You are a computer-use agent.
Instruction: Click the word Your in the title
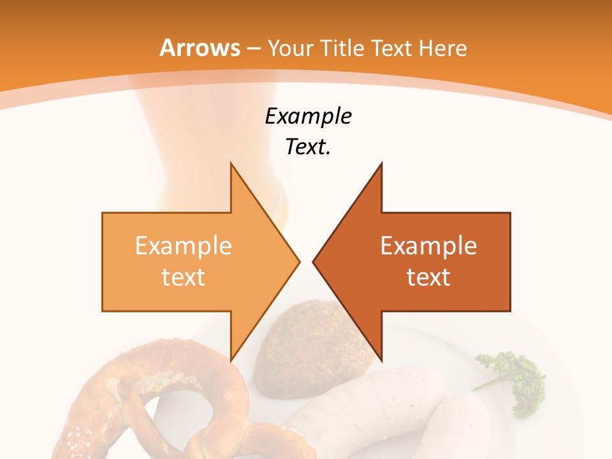tap(290, 48)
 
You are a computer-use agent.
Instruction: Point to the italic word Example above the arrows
tap(309, 117)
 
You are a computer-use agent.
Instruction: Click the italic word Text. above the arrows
tap(309, 147)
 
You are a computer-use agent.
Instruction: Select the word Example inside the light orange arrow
tap(184, 246)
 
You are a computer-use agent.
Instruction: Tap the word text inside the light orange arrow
tap(184, 277)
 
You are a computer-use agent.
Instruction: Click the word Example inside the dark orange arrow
tap(428, 246)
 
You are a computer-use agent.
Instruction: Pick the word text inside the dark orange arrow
tap(428, 277)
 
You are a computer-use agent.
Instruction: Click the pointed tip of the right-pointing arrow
tap(298, 261)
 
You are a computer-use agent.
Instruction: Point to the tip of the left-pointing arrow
tap(314, 261)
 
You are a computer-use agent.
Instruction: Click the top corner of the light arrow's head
tap(231, 164)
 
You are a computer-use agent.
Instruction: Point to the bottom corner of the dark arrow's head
tap(381, 360)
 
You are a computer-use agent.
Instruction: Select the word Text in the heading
tap(394, 48)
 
